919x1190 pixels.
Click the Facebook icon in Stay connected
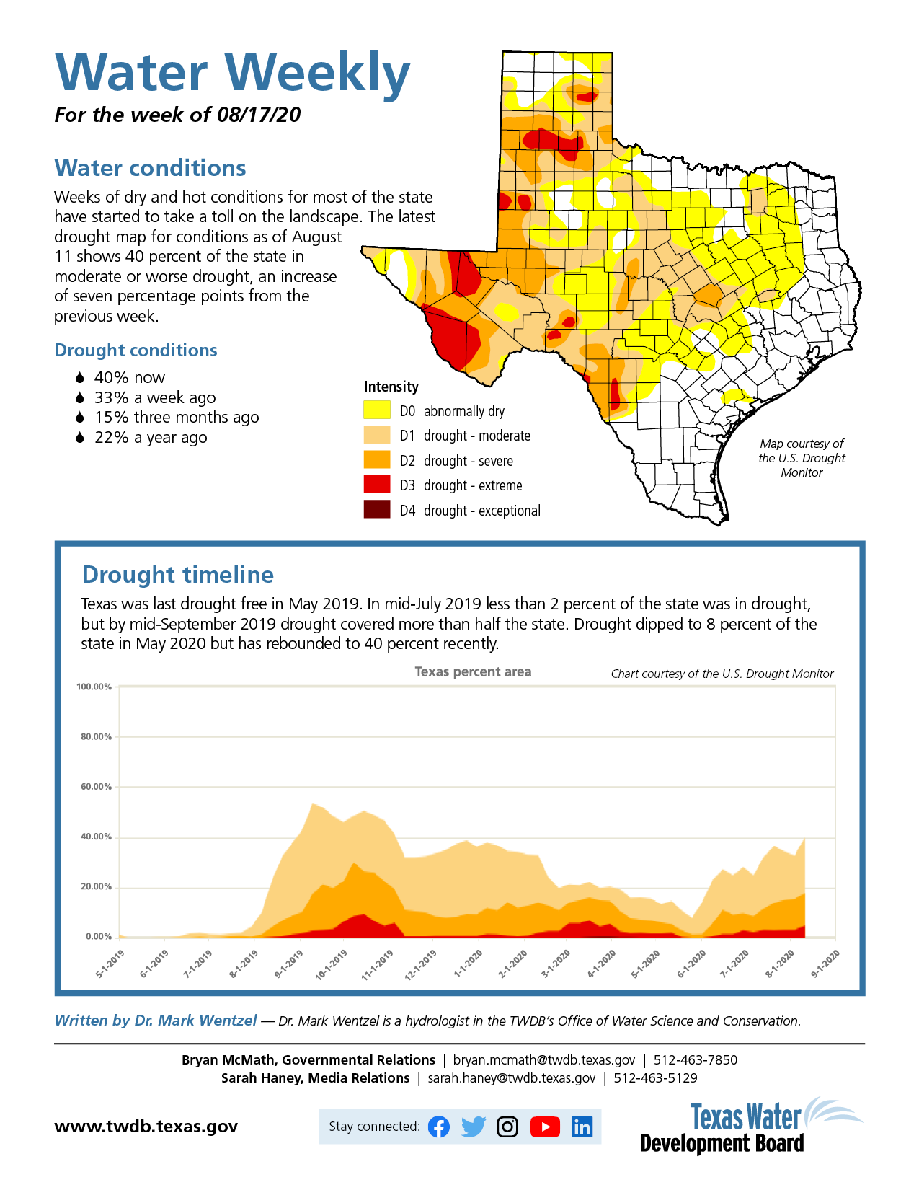(x=438, y=1127)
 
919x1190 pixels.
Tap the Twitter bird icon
(x=474, y=1127)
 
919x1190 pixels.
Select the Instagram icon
(x=507, y=1127)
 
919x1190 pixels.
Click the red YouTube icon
(x=545, y=1127)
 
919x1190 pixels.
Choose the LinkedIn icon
(x=582, y=1127)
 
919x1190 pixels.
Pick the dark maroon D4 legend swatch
(x=376, y=510)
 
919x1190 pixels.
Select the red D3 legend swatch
(x=376, y=485)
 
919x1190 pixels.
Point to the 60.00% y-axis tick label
(x=97, y=787)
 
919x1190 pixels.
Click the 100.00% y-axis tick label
(x=94, y=687)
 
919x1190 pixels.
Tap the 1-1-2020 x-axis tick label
(x=468, y=964)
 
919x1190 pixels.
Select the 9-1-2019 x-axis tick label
(x=288, y=964)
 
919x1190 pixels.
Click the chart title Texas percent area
(x=473, y=672)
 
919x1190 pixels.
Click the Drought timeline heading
(x=178, y=575)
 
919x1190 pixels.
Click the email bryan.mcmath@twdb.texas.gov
(x=544, y=1059)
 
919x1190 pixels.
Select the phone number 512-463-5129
(x=655, y=1077)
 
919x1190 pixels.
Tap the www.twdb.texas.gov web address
(x=146, y=1127)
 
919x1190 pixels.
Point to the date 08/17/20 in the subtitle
(x=258, y=115)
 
